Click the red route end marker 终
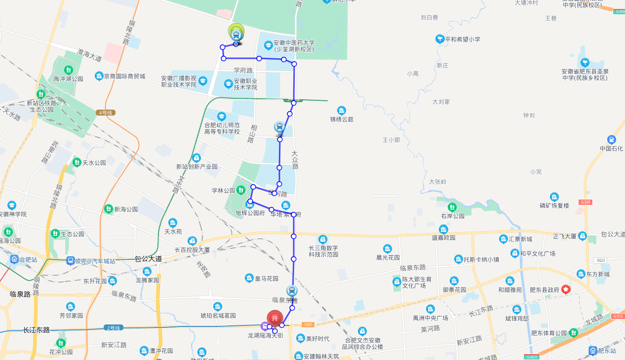click(275, 318)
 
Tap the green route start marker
click(236, 32)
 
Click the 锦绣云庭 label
click(342, 119)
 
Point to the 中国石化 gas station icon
click(612, 140)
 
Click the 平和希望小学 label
click(462, 39)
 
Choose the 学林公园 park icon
click(241, 190)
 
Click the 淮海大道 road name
click(89, 55)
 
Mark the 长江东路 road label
click(36, 330)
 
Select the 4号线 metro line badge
click(106, 113)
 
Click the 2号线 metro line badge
click(113, 327)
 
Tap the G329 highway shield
click(586, 202)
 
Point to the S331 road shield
click(308, 324)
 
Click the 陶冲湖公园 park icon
click(69, 70)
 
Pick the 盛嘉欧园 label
click(443, 238)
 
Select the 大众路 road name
click(295, 160)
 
